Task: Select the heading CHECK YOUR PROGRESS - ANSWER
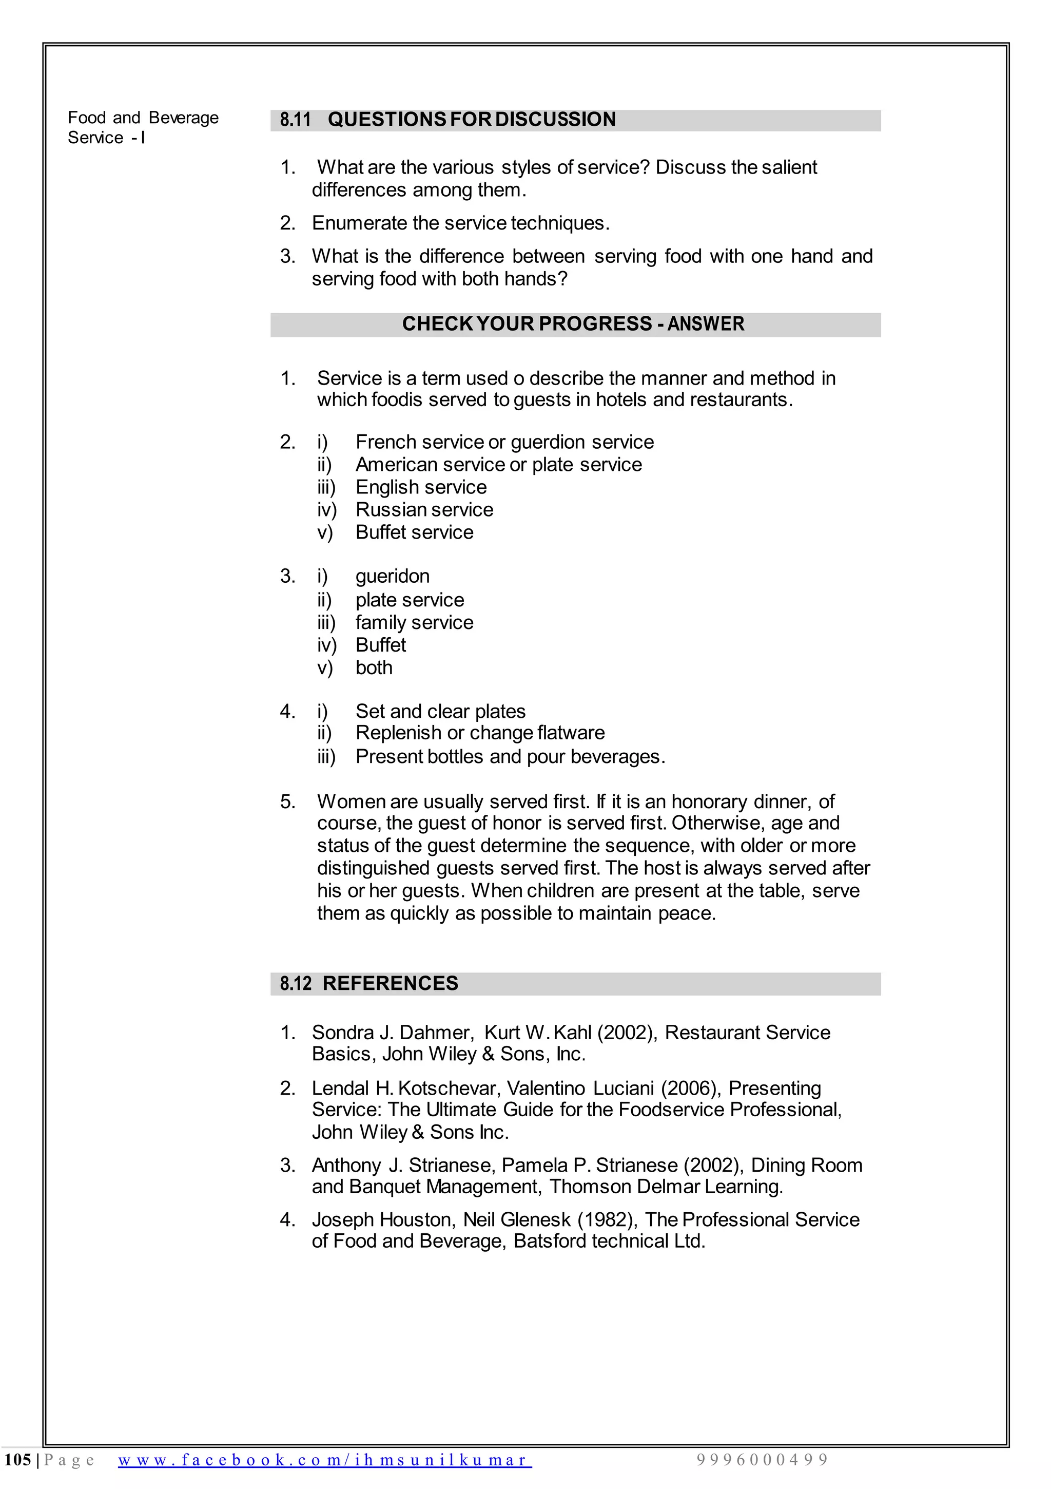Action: click(573, 323)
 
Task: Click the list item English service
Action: click(421, 487)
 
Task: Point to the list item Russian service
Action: click(424, 510)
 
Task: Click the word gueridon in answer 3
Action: click(392, 577)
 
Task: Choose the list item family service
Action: click(414, 623)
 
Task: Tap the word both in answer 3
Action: click(374, 668)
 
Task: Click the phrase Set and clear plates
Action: click(440, 712)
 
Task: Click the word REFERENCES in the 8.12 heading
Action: click(391, 984)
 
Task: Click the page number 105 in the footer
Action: click(17, 1460)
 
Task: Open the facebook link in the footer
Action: click(324, 1460)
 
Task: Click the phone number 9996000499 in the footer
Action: click(763, 1460)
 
